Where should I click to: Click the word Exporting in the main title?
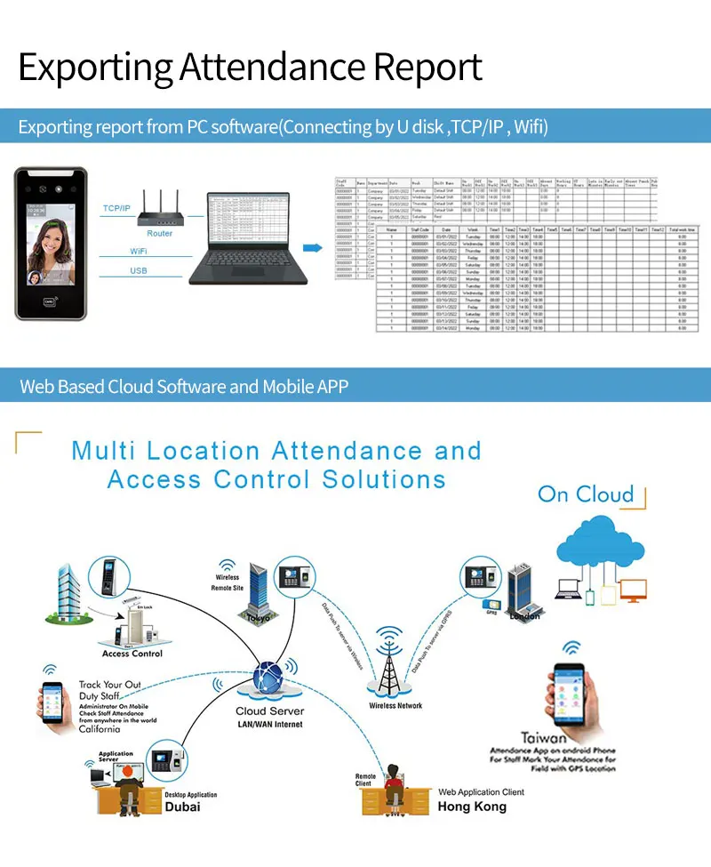(x=95, y=68)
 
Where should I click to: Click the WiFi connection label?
(x=139, y=252)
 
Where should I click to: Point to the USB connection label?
(x=139, y=270)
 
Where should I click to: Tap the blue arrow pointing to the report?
(x=312, y=247)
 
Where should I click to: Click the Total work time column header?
(x=682, y=229)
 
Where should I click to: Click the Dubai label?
(x=182, y=807)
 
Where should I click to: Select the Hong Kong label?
(x=472, y=807)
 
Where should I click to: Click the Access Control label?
(x=132, y=654)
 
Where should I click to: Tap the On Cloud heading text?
(x=586, y=494)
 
